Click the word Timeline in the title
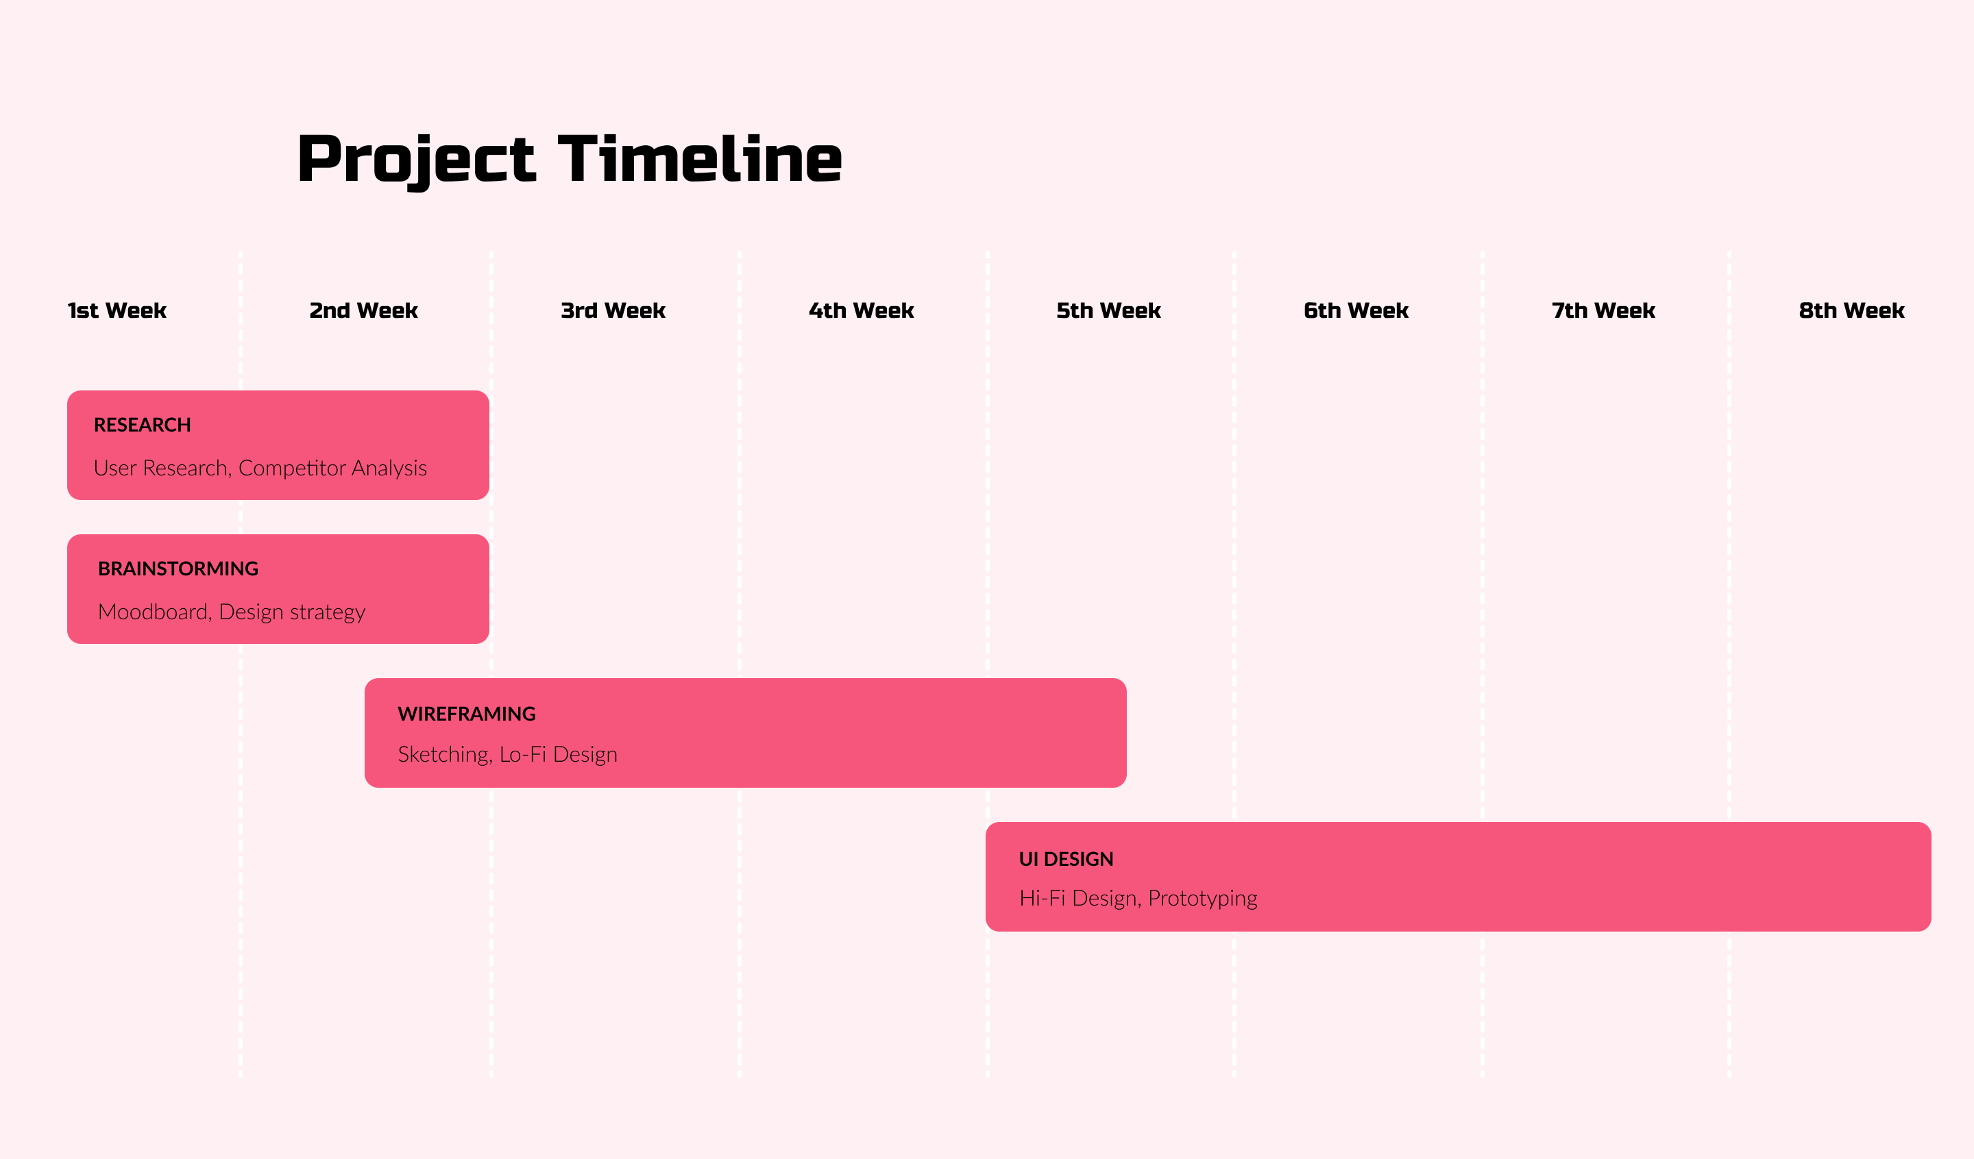click(700, 159)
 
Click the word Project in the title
click(416, 162)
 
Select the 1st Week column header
click(117, 311)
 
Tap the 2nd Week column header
click(363, 311)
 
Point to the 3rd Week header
click(613, 311)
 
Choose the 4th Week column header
click(861, 311)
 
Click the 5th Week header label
click(1108, 311)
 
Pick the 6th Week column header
click(1356, 311)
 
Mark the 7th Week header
click(1603, 311)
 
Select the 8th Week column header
click(1851, 311)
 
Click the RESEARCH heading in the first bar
click(143, 425)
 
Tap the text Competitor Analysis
click(333, 469)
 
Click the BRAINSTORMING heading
click(178, 569)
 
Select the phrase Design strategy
click(292, 613)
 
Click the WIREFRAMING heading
click(467, 714)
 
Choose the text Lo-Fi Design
click(559, 755)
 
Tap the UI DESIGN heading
click(1066, 859)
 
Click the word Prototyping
click(1202, 899)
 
